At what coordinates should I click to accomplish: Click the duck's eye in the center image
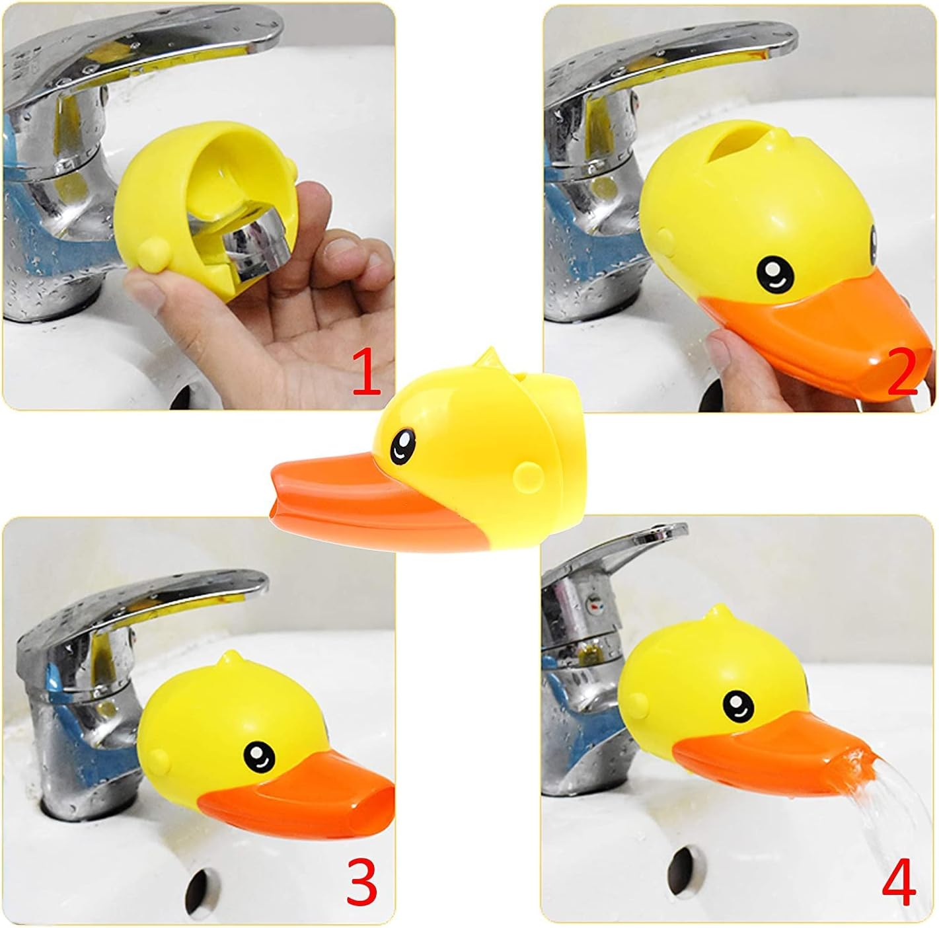pyautogui.click(x=402, y=447)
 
